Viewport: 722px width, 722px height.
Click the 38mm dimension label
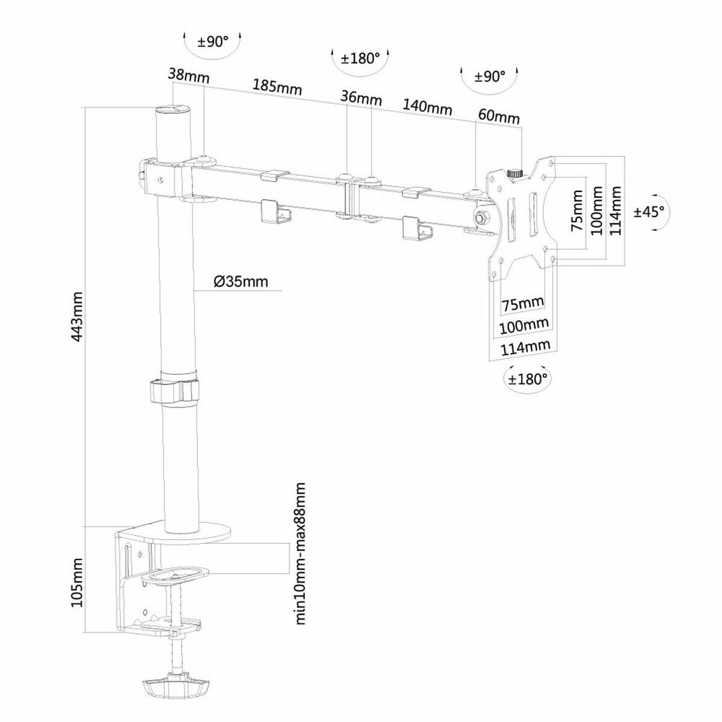[x=188, y=76]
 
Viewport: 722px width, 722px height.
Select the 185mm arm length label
[x=277, y=86]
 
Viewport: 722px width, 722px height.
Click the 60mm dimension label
[x=499, y=116]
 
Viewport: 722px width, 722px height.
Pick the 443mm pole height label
[x=77, y=317]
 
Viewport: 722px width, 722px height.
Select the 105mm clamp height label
[x=77, y=582]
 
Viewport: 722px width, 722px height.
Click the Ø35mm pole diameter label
[x=241, y=281]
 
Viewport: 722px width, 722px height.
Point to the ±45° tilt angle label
[x=649, y=211]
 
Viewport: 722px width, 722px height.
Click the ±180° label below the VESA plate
[x=528, y=379]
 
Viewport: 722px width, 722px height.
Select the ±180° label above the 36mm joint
[x=360, y=58]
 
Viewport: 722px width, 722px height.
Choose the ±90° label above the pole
[x=213, y=42]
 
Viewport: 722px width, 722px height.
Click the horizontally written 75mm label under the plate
[x=523, y=304]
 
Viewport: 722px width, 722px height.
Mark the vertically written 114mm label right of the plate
[x=615, y=211]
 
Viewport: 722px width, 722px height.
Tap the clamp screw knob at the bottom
[x=175, y=687]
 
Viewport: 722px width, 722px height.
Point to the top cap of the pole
[x=173, y=110]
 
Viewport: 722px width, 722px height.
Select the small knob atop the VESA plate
[x=514, y=173]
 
